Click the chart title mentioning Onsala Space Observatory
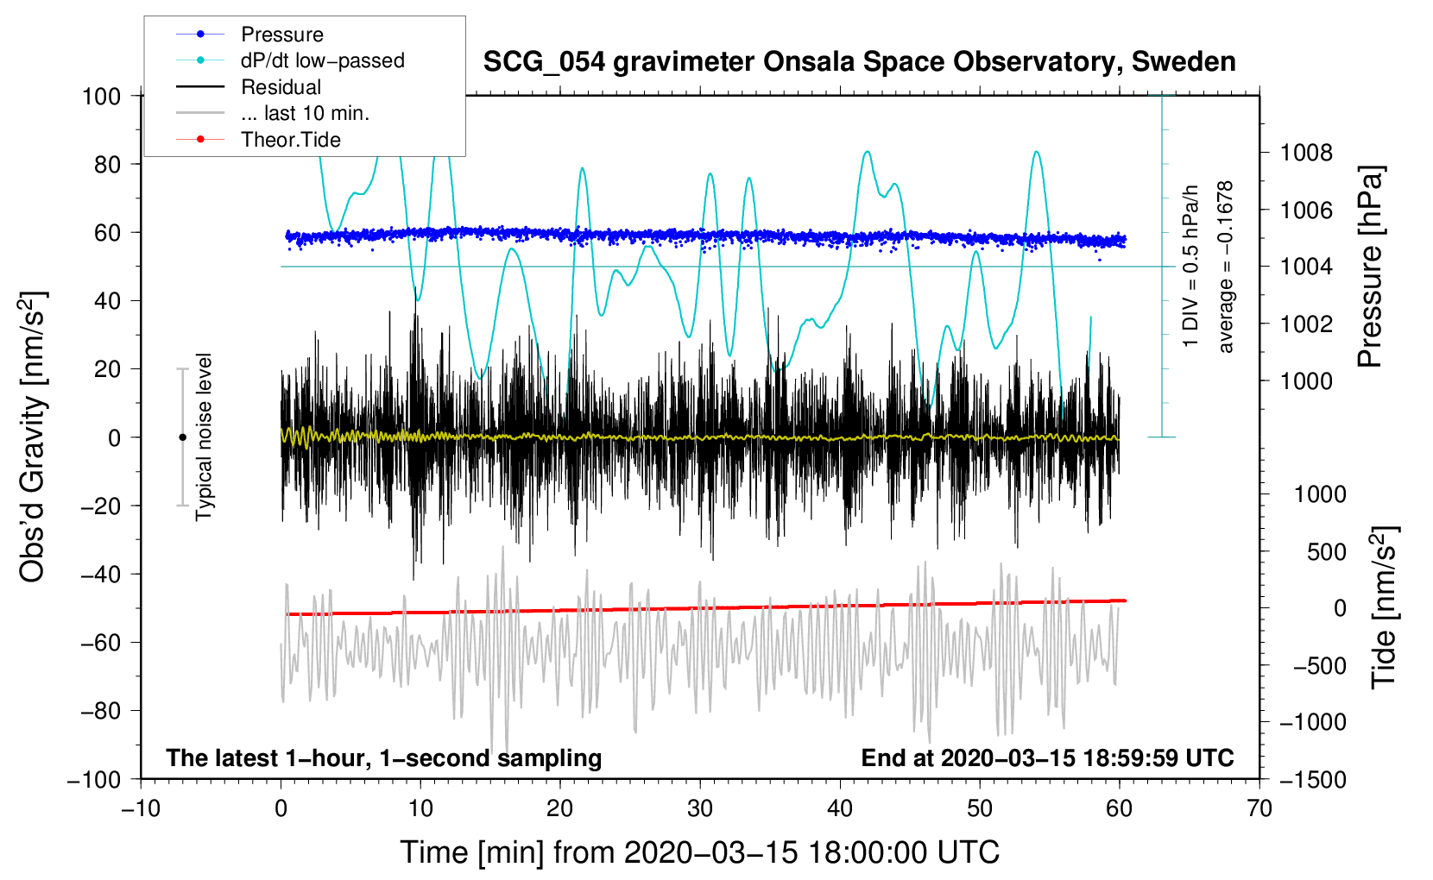(859, 62)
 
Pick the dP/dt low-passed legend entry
(322, 60)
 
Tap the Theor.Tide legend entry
(290, 140)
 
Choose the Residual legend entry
(281, 87)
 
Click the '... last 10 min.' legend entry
(305, 113)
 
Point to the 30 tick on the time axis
(700, 808)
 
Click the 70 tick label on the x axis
(1259, 808)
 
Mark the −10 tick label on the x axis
(140, 808)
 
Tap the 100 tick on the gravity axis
(102, 96)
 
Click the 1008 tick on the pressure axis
(1306, 153)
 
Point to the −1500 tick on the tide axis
(1312, 779)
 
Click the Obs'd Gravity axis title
(33, 437)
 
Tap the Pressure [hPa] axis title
(1370, 267)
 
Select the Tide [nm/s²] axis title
(1384, 607)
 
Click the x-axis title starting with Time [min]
(699, 852)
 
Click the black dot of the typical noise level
(182, 437)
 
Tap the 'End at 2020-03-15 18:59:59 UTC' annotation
(1047, 757)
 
